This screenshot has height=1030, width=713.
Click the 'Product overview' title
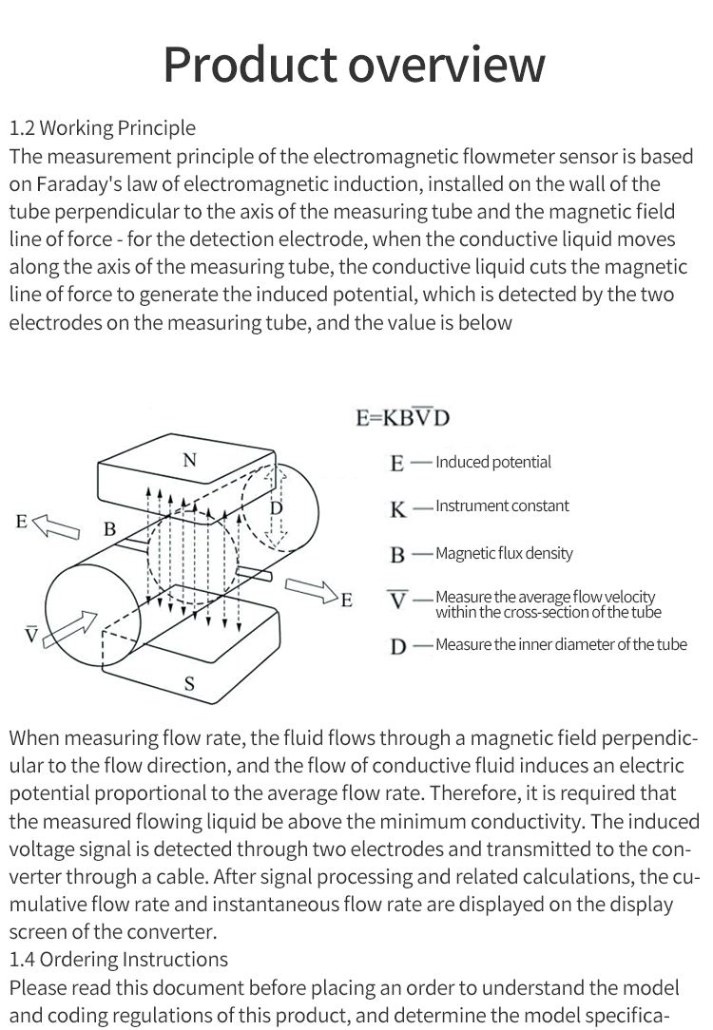point(355,64)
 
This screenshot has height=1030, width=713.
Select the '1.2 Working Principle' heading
point(102,128)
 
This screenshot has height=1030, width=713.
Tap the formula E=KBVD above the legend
point(402,417)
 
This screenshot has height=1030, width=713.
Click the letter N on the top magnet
point(189,461)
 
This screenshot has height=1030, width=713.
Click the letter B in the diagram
point(109,528)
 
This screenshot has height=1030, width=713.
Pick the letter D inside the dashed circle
point(276,508)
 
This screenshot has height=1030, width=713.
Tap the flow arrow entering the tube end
point(74,628)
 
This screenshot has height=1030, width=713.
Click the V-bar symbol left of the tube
point(31,634)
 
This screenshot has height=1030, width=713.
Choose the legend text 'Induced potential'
point(492,463)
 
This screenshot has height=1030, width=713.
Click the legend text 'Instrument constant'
point(502,505)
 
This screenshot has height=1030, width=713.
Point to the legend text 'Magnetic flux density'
point(504,553)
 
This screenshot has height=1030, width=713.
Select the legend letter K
point(398,508)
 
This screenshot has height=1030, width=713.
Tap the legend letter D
point(398,647)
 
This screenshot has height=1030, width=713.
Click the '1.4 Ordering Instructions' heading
point(119,960)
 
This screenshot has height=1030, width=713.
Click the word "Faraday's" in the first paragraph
point(86,183)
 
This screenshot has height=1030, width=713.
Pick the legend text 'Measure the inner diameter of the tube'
point(561,644)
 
